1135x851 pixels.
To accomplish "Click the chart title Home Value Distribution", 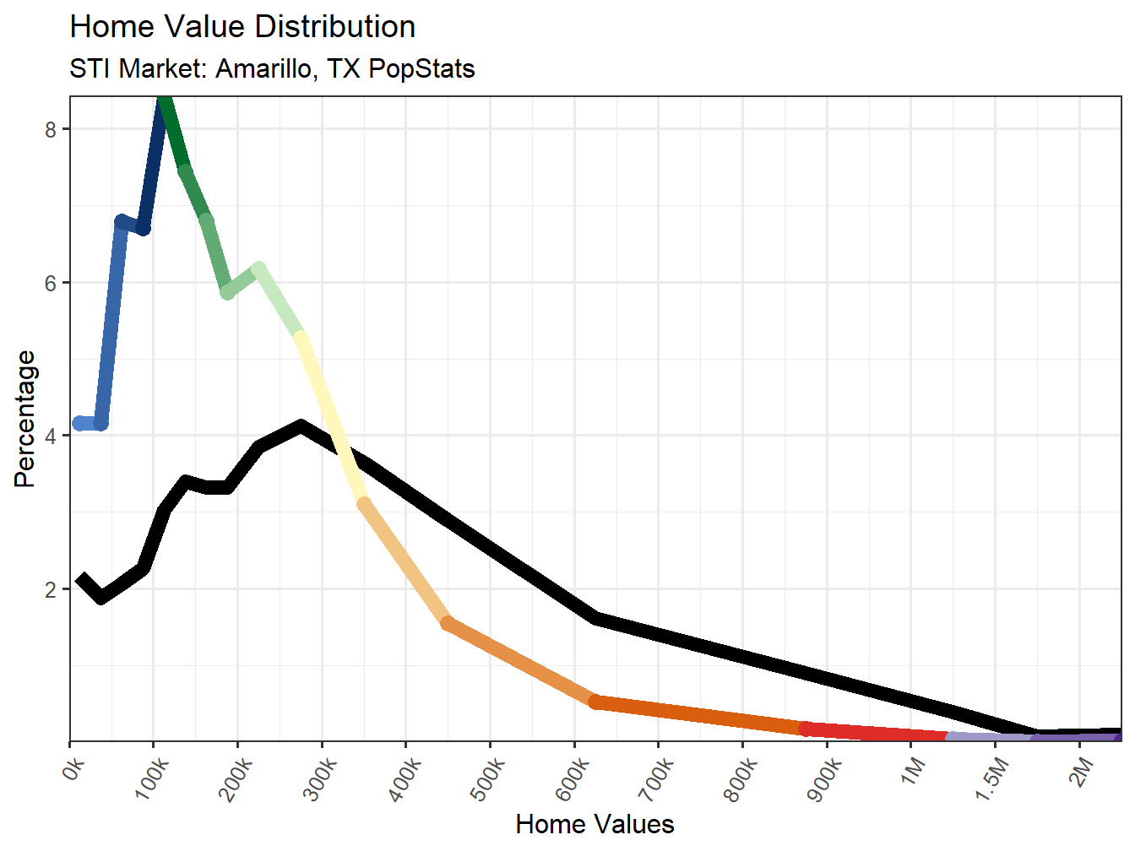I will tap(242, 27).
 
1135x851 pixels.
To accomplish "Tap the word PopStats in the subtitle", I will tap(421, 68).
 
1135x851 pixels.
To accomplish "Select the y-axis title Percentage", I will tap(25, 419).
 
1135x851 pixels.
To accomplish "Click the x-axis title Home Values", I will tap(595, 824).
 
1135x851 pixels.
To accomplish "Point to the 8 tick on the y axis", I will tap(51, 129).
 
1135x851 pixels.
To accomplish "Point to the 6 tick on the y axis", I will tap(51, 283).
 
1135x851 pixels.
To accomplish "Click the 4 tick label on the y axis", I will tap(51, 436).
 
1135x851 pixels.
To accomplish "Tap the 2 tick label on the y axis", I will tap(51, 589).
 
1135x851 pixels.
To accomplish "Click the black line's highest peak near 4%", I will tap(301, 426).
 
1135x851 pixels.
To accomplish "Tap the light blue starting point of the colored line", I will tap(80, 423).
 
